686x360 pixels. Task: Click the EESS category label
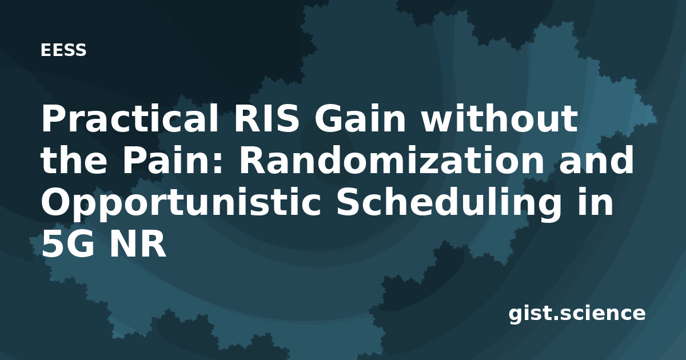click(x=63, y=50)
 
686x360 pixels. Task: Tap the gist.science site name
click(x=577, y=314)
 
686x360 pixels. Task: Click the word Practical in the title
click(x=130, y=118)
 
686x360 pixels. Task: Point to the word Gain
click(x=360, y=118)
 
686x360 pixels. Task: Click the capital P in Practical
click(x=54, y=119)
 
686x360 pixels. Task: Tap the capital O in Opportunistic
click(x=57, y=201)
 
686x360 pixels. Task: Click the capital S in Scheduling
click(x=349, y=201)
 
